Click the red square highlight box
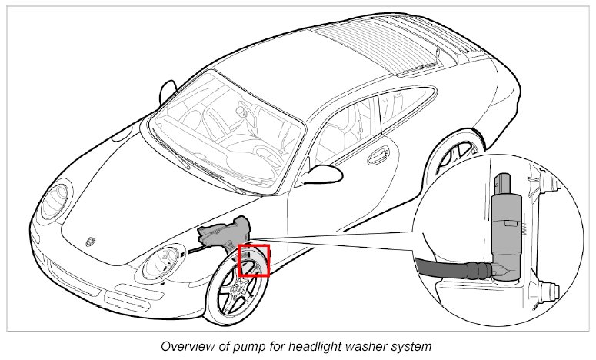254,260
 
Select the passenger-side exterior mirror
167,92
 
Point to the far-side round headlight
55,200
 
